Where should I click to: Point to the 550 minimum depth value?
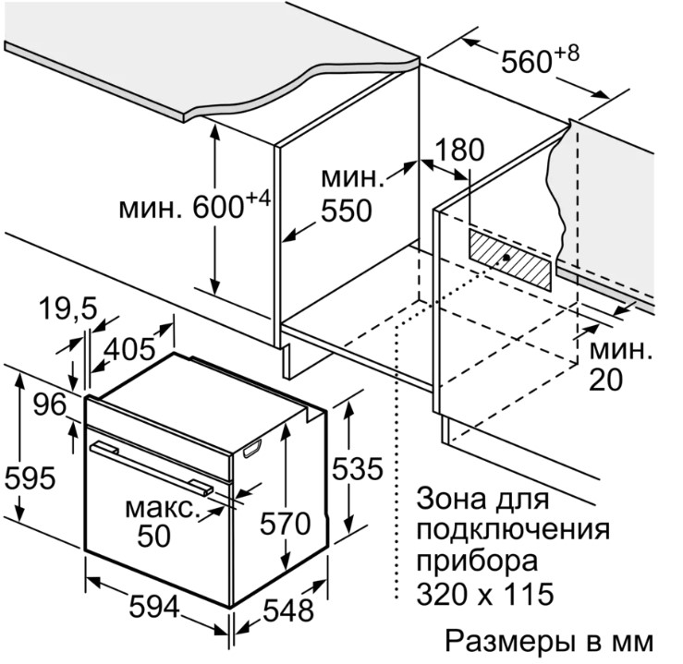pos(346,211)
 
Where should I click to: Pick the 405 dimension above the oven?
pos(128,350)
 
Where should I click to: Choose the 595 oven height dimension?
pos(30,477)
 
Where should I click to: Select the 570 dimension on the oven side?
pos(283,524)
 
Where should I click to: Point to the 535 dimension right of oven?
pos(355,469)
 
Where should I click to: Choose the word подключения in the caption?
pos(513,531)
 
